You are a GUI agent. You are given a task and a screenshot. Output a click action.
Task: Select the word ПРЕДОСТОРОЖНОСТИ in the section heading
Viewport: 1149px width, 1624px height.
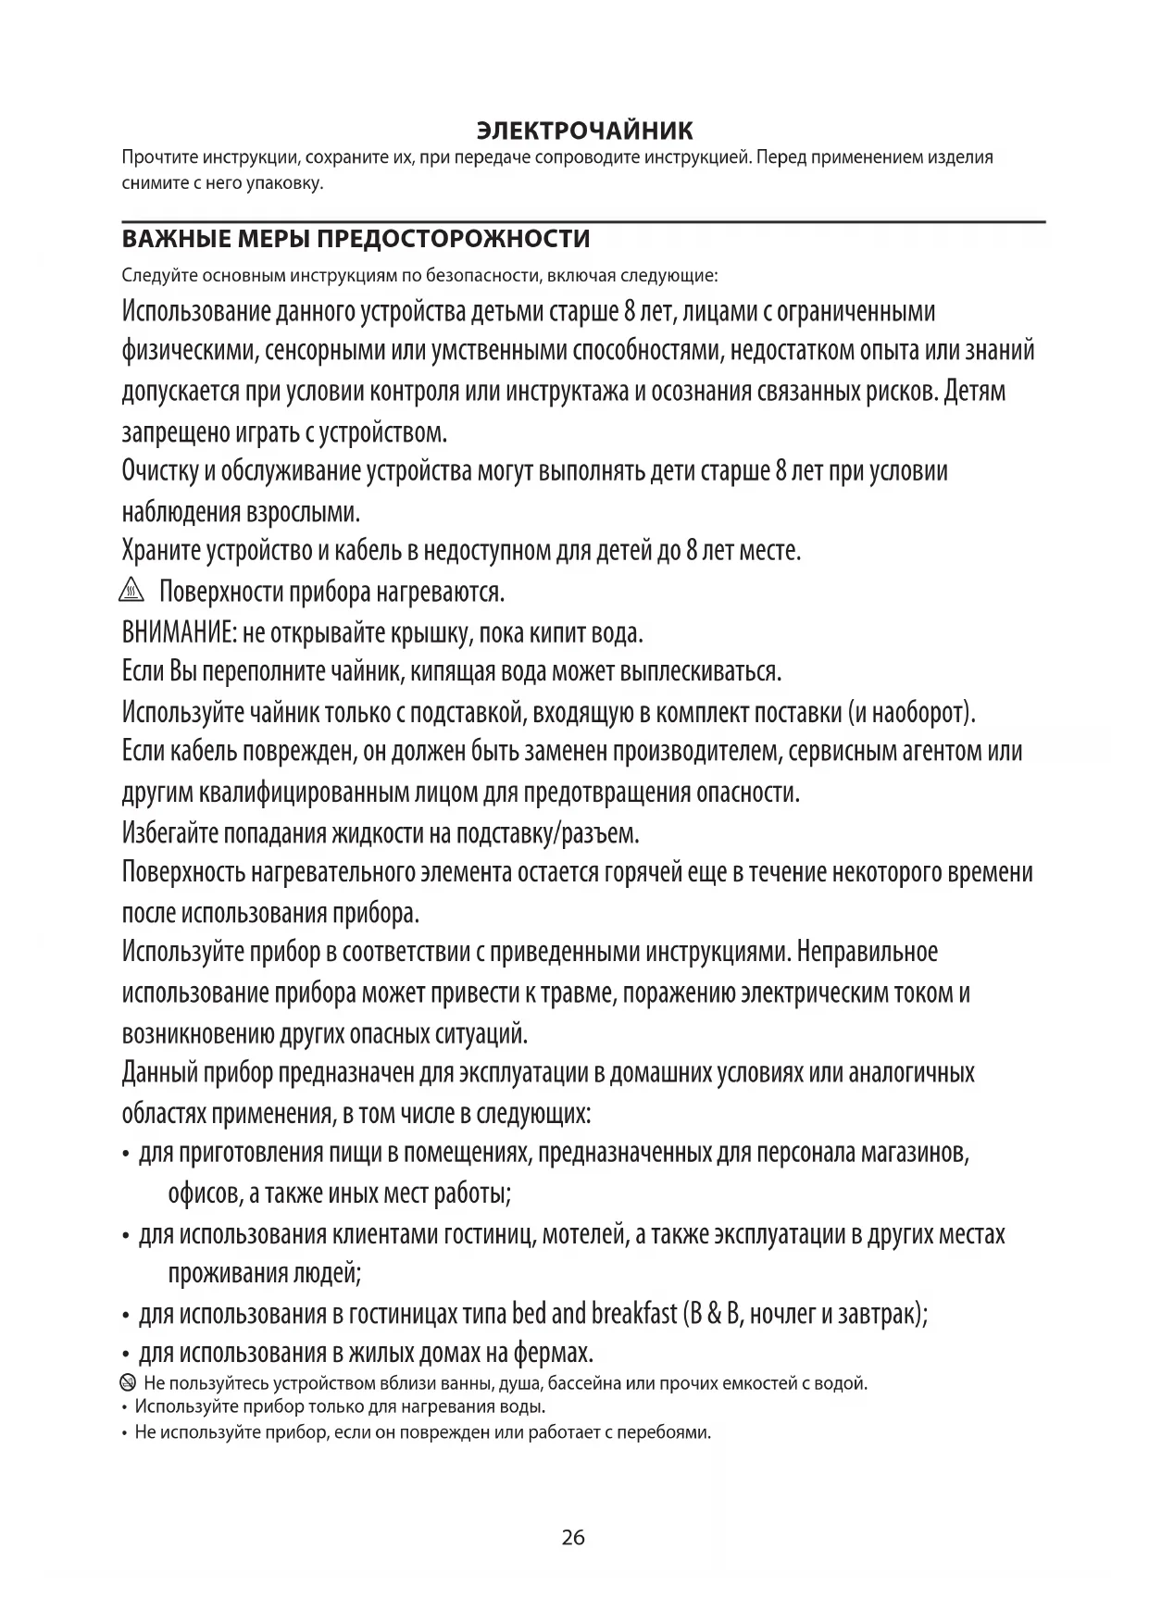(x=453, y=240)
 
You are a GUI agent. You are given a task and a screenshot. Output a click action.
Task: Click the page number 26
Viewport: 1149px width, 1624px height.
(x=573, y=1538)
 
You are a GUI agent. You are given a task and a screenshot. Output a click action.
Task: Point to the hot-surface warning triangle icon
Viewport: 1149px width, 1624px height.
(x=133, y=590)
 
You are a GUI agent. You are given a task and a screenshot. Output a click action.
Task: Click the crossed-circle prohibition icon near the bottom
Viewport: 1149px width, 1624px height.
(x=127, y=1384)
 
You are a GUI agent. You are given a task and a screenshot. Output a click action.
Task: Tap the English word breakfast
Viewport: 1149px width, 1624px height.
(x=633, y=1314)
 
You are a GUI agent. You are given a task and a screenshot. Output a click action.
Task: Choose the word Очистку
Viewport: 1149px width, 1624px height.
(x=159, y=471)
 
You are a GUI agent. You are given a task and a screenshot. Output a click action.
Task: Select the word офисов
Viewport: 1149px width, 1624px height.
(x=205, y=1193)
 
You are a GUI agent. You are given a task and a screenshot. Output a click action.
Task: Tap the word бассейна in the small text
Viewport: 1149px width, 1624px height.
(x=587, y=1384)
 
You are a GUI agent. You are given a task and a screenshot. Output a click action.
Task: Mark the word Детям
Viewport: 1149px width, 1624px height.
(x=975, y=392)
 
